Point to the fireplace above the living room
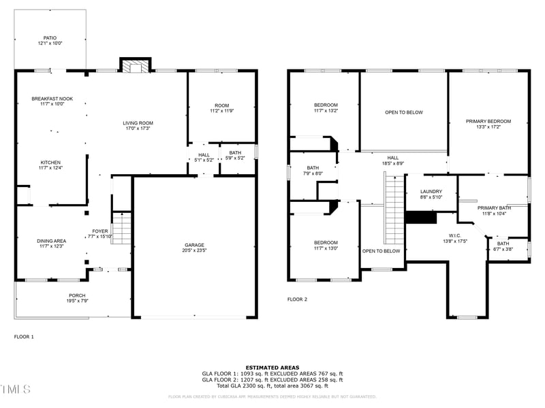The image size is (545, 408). point(135,66)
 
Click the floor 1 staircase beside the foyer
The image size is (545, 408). point(121,228)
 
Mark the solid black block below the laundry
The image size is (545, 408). point(420,217)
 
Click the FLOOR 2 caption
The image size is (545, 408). point(297,299)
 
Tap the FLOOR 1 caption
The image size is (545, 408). point(24,337)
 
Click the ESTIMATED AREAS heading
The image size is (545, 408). point(272,368)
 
